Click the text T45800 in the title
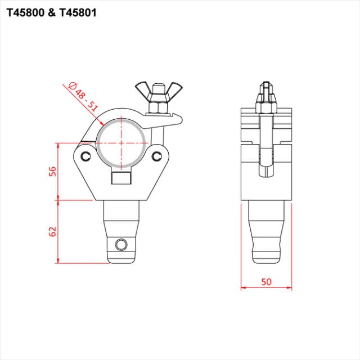28,13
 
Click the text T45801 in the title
78,13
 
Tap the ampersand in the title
53,13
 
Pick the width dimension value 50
266,281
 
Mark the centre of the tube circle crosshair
121,143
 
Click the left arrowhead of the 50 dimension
242,288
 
